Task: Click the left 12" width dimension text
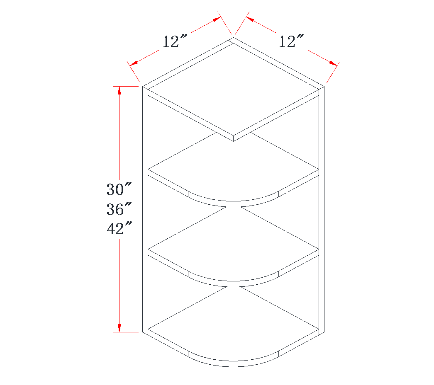[x=175, y=41]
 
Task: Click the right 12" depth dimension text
[x=291, y=41]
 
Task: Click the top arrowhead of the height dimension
[x=119, y=90]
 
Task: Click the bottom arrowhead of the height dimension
[x=119, y=328]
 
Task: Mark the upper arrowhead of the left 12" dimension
[x=216, y=19]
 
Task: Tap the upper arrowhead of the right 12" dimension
[x=250, y=19]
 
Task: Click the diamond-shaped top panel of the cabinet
[x=233, y=89]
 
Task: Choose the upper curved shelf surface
[x=233, y=174]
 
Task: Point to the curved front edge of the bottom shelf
[x=233, y=364]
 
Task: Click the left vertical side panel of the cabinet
[x=145, y=207]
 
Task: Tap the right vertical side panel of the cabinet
[x=321, y=207]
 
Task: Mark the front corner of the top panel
[x=233, y=138]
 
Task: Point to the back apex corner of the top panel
[x=233, y=38]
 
